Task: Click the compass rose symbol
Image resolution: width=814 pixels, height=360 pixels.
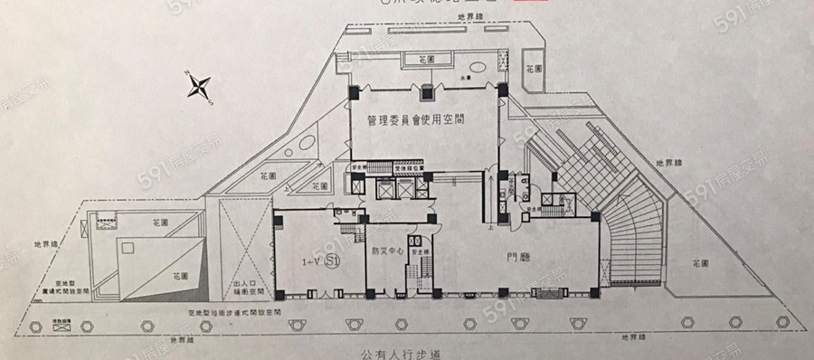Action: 199,88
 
